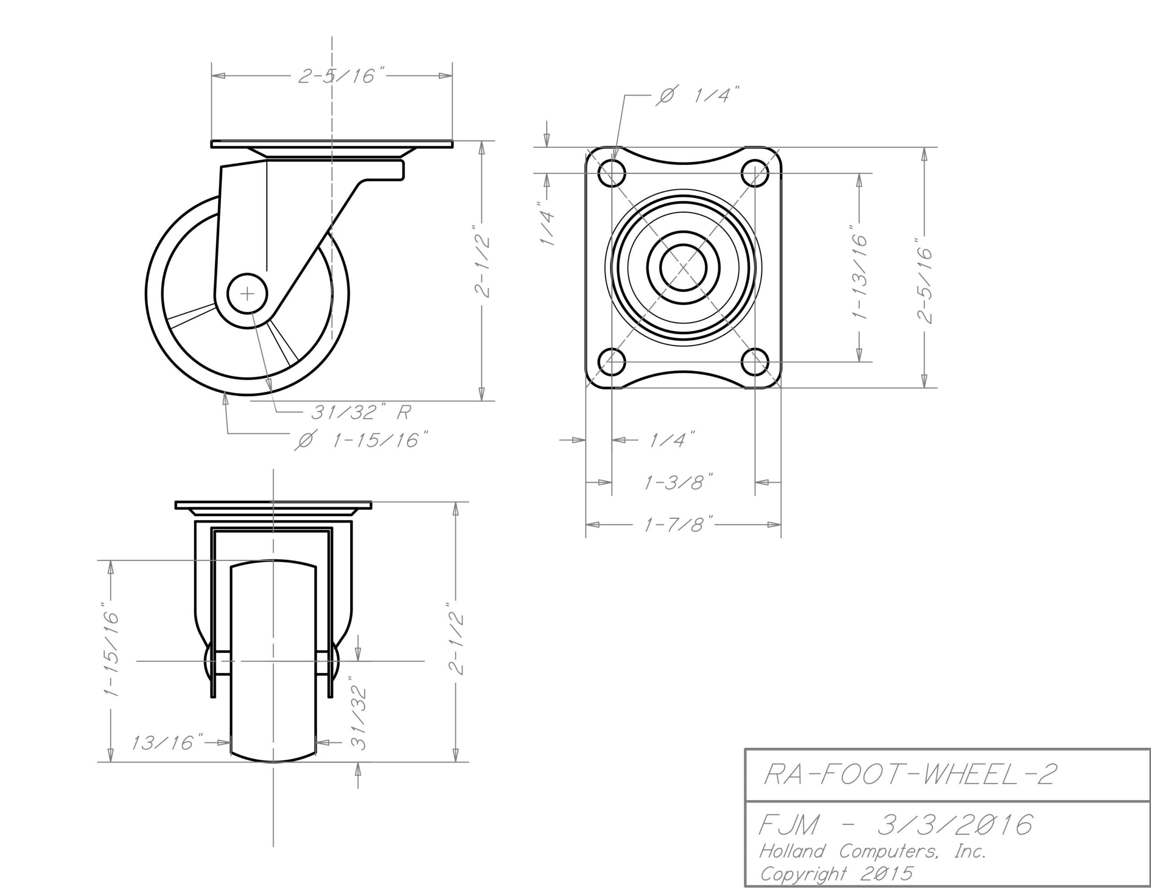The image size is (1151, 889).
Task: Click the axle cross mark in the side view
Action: pyautogui.click(x=247, y=294)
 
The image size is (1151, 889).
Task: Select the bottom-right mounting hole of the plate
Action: pyautogui.click(x=755, y=361)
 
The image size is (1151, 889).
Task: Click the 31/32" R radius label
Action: pyautogui.click(x=361, y=412)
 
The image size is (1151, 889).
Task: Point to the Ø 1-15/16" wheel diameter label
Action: pyautogui.click(x=361, y=440)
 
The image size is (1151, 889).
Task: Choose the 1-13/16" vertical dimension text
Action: pyautogui.click(x=860, y=272)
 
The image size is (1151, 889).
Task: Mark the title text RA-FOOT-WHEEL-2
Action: pyautogui.click(x=910, y=774)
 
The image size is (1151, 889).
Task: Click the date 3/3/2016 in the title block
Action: pyautogui.click(x=955, y=825)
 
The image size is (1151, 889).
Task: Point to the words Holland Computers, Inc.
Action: pyautogui.click(x=872, y=851)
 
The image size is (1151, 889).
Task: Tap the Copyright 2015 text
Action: pyautogui.click(x=836, y=874)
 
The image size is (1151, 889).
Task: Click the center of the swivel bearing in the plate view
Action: pyautogui.click(x=683, y=268)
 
